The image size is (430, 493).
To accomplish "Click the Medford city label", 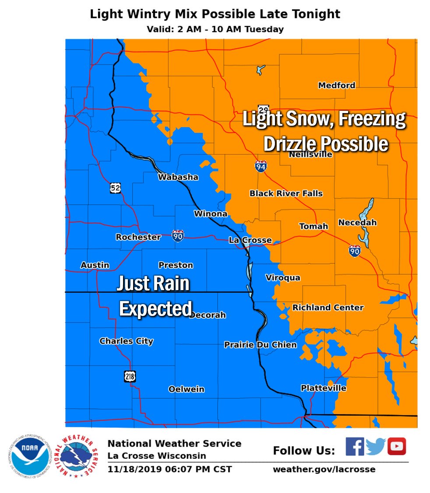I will [336, 85].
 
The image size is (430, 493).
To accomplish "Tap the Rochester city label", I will [138, 237].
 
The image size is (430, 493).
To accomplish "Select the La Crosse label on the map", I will [250, 241].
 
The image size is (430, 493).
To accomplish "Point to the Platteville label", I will [323, 388].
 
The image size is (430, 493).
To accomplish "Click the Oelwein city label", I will [186, 389].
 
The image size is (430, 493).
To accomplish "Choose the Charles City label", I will [126, 341].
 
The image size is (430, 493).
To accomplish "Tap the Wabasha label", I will [178, 177].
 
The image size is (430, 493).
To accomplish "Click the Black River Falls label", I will [286, 193].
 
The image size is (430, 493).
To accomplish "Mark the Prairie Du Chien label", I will [260, 345].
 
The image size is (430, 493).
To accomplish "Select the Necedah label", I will [357, 223].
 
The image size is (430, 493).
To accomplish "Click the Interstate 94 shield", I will [261, 166].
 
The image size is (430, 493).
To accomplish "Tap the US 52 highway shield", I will [115, 188].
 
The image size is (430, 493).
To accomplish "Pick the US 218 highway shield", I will [130, 376].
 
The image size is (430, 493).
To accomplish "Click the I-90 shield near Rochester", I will [177, 235].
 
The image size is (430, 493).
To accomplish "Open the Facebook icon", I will [354, 447].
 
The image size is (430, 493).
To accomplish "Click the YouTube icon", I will [396, 447].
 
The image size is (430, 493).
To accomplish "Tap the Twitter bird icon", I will [375, 447].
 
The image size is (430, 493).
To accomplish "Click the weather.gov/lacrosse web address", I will [324, 469].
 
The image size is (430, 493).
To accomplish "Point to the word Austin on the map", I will [95, 265].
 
